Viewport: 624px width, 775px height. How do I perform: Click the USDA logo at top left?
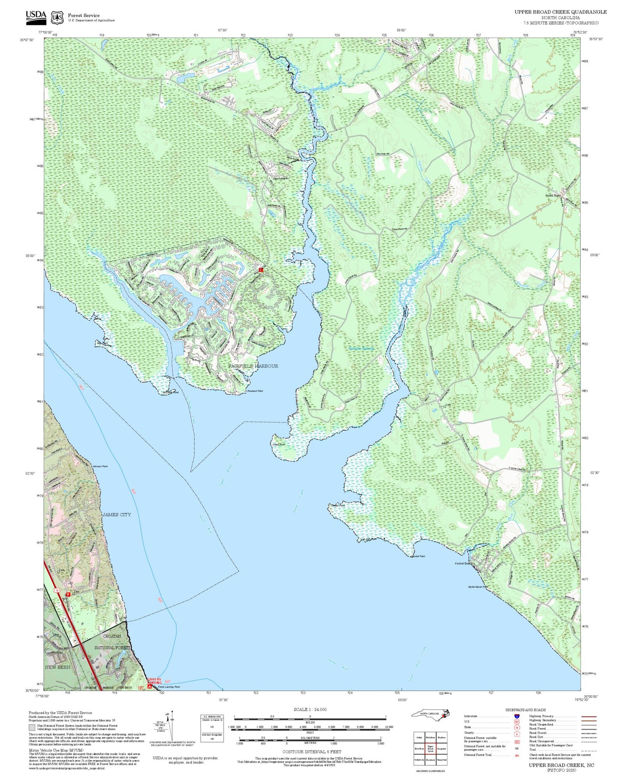(x=36, y=17)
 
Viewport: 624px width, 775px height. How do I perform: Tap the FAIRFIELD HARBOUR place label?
(x=253, y=366)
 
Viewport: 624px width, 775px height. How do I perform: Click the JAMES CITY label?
(x=116, y=515)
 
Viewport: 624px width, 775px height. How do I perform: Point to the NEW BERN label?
(x=57, y=667)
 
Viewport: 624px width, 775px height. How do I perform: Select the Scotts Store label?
(x=552, y=196)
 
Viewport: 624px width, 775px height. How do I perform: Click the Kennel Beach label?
(x=463, y=563)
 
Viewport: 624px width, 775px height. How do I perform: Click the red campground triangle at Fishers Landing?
(x=149, y=686)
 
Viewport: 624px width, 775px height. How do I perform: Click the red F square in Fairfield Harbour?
(x=260, y=270)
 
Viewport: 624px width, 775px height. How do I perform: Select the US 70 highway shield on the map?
(x=57, y=591)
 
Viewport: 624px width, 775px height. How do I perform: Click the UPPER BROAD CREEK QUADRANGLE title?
(x=560, y=12)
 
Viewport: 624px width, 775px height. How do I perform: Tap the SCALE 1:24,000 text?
(x=310, y=709)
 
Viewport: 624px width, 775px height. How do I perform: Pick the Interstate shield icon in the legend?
(x=516, y=716)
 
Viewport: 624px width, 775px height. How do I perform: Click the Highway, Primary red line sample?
(x=589, y=716)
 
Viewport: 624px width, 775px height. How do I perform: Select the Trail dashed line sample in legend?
(x=589, y=750)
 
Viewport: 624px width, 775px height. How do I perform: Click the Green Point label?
(x=278, y=444)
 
